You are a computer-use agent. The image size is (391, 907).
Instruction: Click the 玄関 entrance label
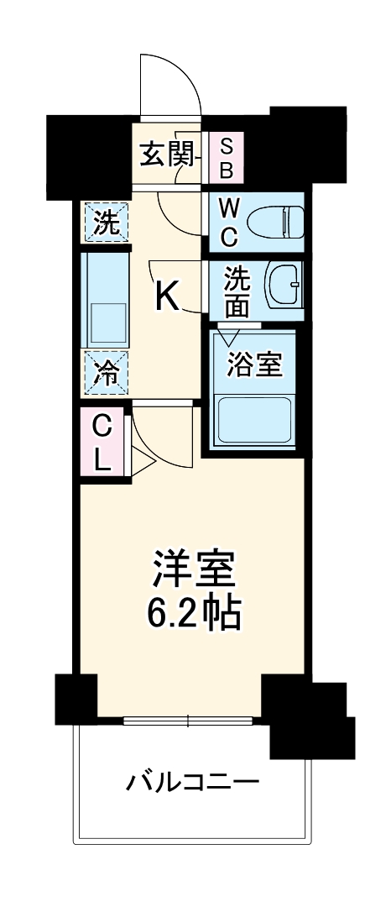(x=162, y=155)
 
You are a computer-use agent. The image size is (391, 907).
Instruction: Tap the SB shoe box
(x=227, y=157)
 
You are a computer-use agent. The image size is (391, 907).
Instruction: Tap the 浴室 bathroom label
(x=254, y=363)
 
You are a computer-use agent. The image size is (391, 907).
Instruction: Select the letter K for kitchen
(x=167, y=296)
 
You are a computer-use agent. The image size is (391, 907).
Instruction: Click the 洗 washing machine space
(x=106, y=222)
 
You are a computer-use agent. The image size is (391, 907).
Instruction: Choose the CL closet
(x=102, y=444)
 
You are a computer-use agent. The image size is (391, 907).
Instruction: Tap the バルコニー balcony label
(x=192, y=783)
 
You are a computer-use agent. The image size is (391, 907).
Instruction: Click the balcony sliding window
(x=190, y=720)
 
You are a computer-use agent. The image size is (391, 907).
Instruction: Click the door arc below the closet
(x=159, y=437)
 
